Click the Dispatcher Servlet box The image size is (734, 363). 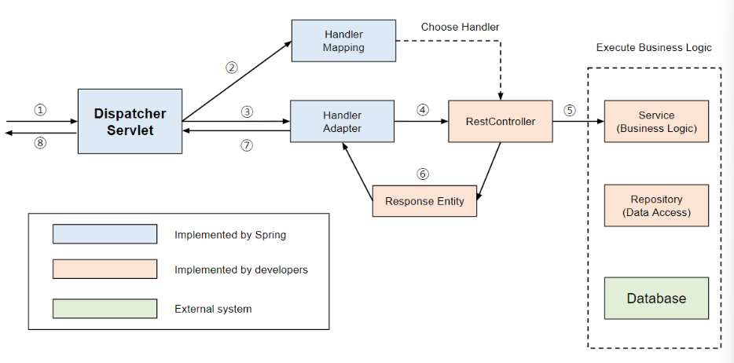point(130,121)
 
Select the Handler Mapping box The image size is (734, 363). point(343,41)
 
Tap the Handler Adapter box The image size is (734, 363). point(342,121)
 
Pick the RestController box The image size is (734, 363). point(501,121)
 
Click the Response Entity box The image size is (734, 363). point(424,200)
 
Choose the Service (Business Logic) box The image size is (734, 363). point(656,121)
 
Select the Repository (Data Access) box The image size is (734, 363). point(656,205)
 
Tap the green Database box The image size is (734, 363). point(656,299)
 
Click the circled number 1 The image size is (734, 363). point(40,110)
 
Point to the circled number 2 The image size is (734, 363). point(231,68)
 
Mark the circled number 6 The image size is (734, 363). point(423,174)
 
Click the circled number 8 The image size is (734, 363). point(40,144)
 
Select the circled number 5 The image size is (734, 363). point(569,111)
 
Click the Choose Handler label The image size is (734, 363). point(461,27)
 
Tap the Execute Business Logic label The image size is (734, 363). point(654,48)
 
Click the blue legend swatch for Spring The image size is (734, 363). point(105,234)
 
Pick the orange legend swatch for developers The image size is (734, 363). point(105,269)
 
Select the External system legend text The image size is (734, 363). point(213,310)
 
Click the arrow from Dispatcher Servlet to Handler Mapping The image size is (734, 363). point(237,82)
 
